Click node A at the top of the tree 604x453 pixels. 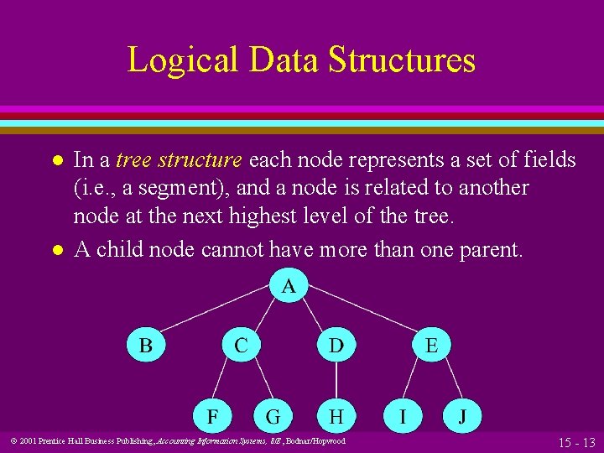tap(289, 286)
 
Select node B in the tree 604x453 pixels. tap(146, 345)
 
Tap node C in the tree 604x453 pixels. tap(241, 345)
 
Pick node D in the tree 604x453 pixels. tap(336, 345)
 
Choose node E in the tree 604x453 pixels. tap(430, 345)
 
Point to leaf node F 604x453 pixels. tap(215, 415)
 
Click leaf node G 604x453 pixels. tap(273, 415)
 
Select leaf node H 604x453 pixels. tap(336, 415)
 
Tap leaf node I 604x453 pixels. tap(404, 415)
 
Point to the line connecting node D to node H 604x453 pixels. tap(336, 380)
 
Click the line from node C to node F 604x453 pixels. tap(228, 380)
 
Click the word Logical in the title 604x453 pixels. tap(175, 60)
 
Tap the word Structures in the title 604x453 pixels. tap(401, 60)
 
